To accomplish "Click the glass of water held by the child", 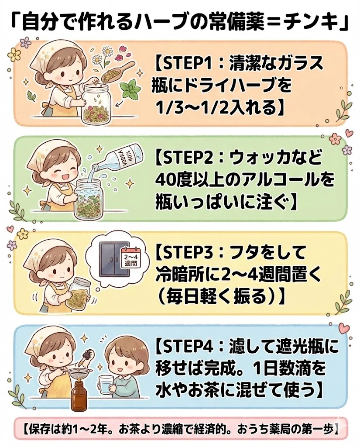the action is click(105, 384).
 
